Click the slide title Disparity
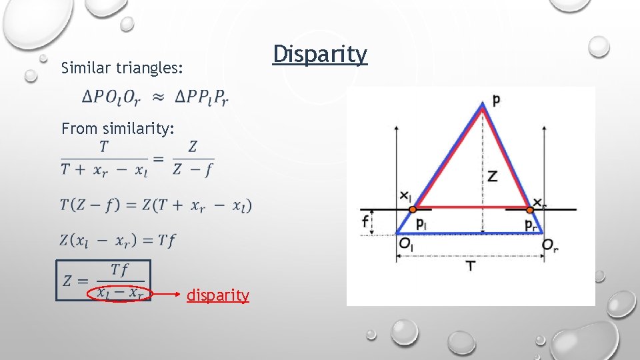click(320, 55)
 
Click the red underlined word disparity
click(218, 295)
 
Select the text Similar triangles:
click(122, 68)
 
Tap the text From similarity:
click(118, 128)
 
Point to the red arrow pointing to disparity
click(167, 293)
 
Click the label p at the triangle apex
click(496, 100)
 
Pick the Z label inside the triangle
click(492, 176)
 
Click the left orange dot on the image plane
click(413, 209)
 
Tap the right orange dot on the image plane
click(530, 209)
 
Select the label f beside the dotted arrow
click(366, 222)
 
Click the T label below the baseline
click(471, 266)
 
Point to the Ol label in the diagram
click(405, 245)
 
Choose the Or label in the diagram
click(550, 245)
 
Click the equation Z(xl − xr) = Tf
click(118, 240)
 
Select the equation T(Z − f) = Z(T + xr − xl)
click(156, 205)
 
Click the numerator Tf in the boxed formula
click(120, 269)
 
